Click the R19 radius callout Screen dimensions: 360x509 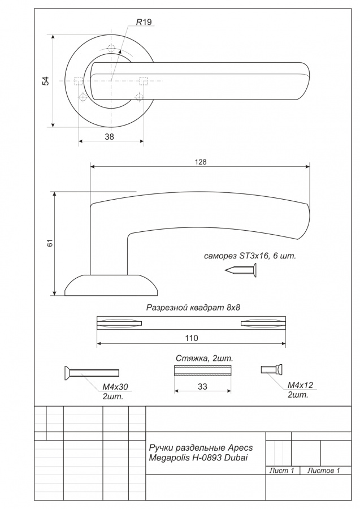point(144,22)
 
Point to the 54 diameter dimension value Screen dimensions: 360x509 point(46,81)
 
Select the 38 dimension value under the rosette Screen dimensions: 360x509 point(109,137)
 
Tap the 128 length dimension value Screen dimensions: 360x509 point(201,162)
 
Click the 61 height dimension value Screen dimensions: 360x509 point(50,243)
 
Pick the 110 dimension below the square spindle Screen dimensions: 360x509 point(192,338)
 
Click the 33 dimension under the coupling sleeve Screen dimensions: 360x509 point(202,387)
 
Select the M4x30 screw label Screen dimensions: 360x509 point(115,387)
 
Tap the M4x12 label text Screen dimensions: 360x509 point(301,385)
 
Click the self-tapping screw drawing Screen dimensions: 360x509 point(241,270)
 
